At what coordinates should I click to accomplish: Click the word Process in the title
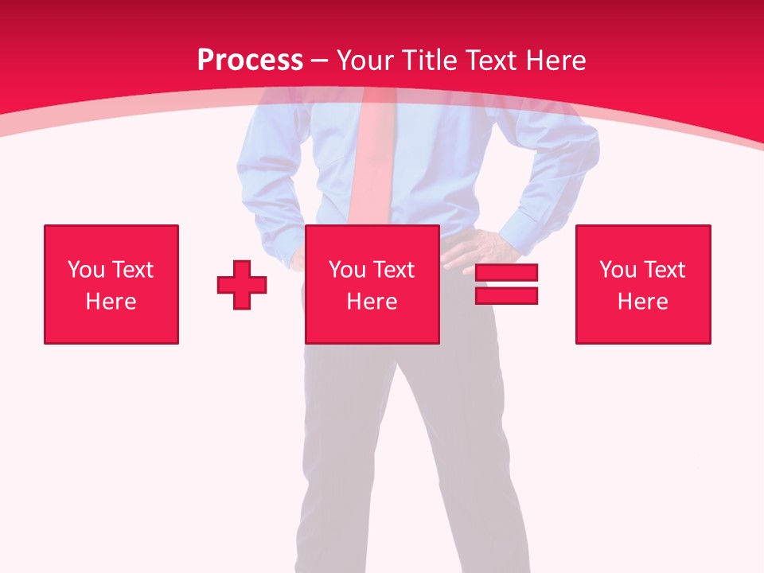coord(250,60)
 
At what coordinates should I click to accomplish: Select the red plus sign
coord(242,285)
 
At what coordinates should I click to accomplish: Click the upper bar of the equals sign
coord(506,273)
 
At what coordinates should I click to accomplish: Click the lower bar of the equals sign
coord(506,295)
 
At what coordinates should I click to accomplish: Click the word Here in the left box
coord(111,302)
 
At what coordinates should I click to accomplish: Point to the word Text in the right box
coord(664,270)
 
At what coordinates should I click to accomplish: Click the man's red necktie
coord(371,167)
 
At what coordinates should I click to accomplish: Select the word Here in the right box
coord(642,302)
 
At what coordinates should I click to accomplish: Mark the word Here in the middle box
coord(372,302)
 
